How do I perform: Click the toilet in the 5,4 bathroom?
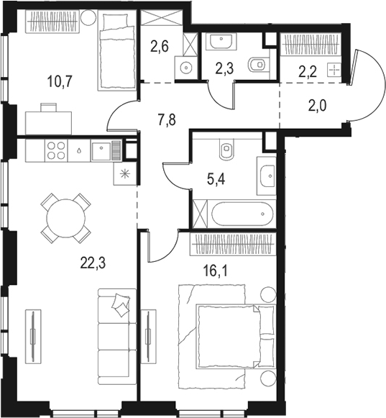[x=227, y=150]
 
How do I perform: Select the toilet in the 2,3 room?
[x=255, y=65]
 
